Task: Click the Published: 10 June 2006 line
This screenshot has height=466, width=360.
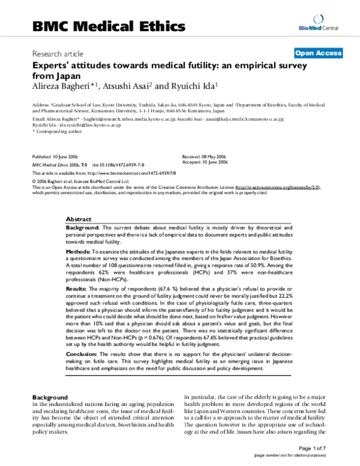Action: [x=58, y=156]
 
